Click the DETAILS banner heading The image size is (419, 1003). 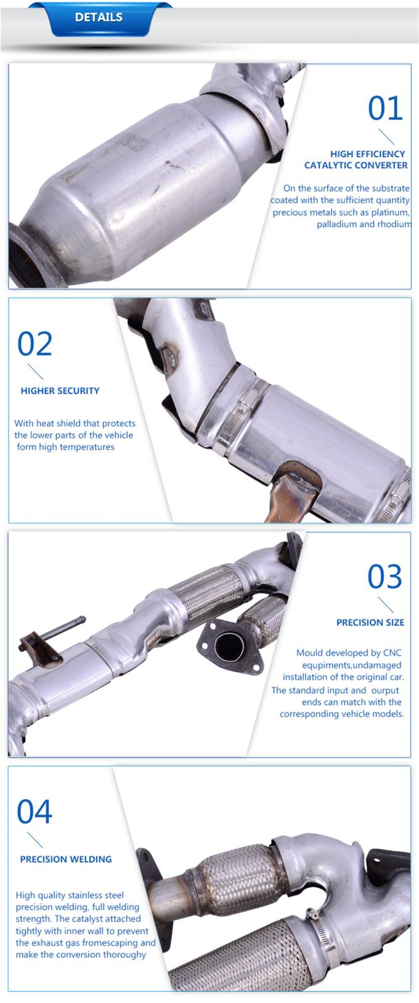[99, 17]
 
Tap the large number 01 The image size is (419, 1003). [385, 109]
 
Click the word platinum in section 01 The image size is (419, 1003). [389, 212]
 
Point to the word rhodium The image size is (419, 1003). [394, 224]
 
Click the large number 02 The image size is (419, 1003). [35, 344]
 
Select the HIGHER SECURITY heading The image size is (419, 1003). [60, 390]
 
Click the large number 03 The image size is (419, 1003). [384, 577]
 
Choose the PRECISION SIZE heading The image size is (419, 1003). [370, 622]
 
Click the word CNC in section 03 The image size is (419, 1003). [392, 653]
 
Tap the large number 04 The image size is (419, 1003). [35, 812]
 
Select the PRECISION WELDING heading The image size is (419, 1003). [66, 859]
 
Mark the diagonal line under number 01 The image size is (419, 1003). [386, 136]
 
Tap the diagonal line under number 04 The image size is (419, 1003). [35, 840]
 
